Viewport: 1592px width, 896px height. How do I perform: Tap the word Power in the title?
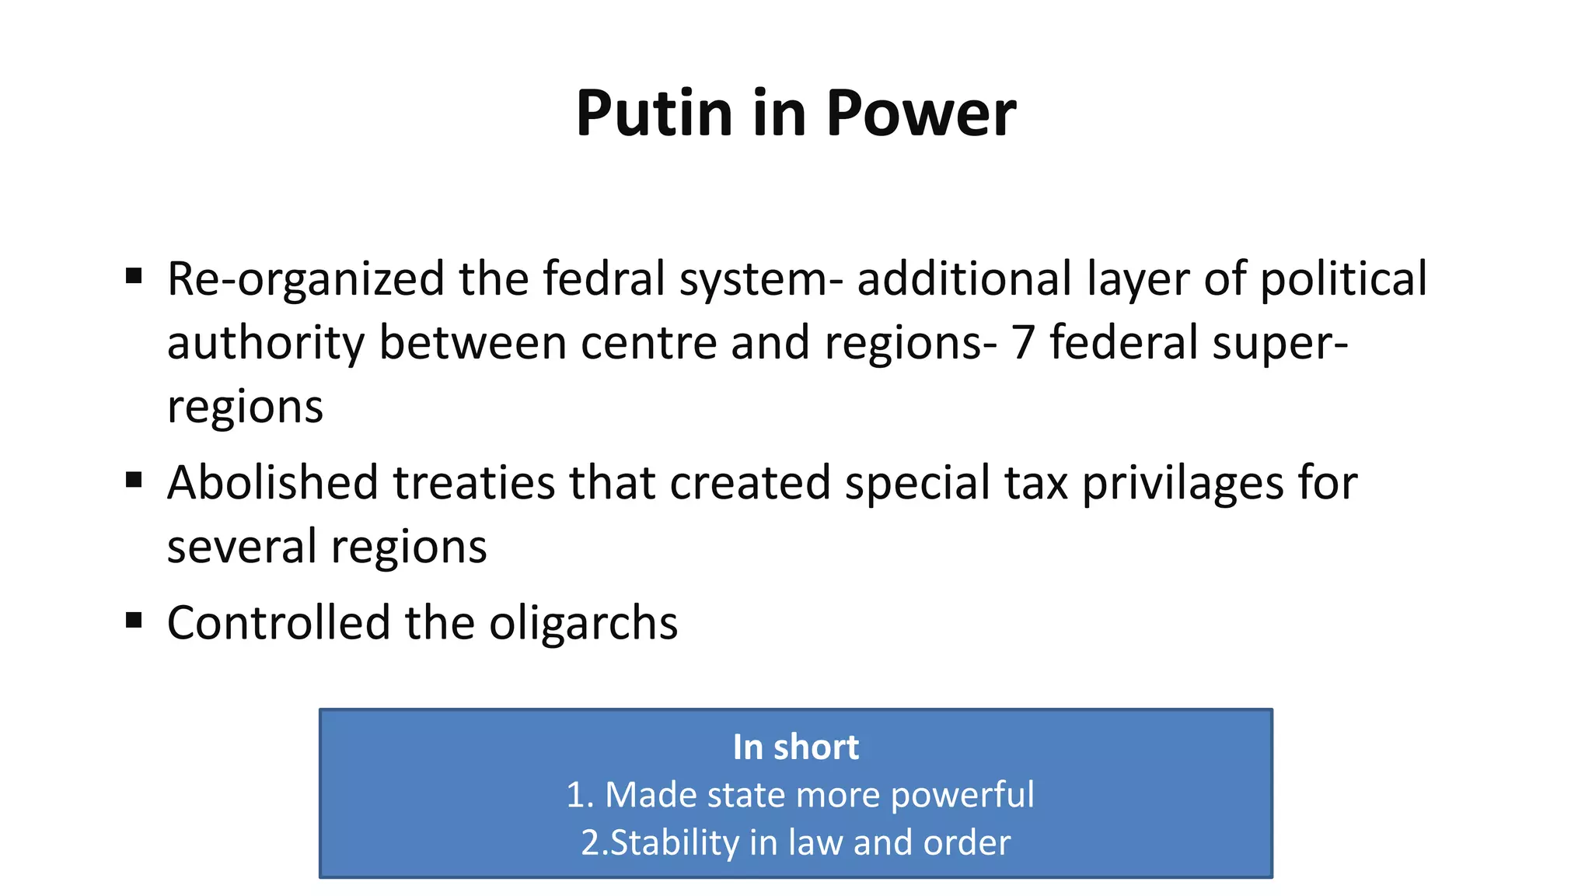pos(920,114)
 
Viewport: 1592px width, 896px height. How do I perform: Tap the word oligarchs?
pos(583,623)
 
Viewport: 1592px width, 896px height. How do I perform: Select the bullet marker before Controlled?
pos(134,620)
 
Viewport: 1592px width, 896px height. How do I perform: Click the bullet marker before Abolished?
pos(134,480)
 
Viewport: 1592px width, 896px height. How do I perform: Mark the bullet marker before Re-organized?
pos(134,276)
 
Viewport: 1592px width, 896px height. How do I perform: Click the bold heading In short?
pos(795,747)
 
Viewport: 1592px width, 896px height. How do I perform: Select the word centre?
pos(648,344)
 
